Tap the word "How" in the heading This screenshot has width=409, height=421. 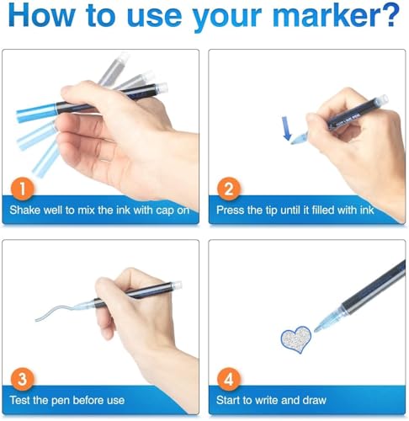(x=41, y=15)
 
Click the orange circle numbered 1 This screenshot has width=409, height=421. (x=22, y=189)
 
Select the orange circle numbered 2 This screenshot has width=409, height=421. (x=229, y=189)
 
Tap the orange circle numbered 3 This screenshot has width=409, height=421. (x=22, y=379)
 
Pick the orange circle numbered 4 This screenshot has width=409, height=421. (x=229, y=379)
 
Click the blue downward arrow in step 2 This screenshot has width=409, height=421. (x=286, y=129)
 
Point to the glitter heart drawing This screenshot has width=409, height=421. (x=296, y=339)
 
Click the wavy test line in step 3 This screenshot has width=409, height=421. (x=56, y=312)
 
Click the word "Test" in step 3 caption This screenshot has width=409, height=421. (x=19, y=400)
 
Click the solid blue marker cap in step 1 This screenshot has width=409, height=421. (x=36, y=112)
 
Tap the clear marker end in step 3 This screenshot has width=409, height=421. (x=177, y=285)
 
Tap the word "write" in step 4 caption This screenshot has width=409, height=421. (x=266, y=400)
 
